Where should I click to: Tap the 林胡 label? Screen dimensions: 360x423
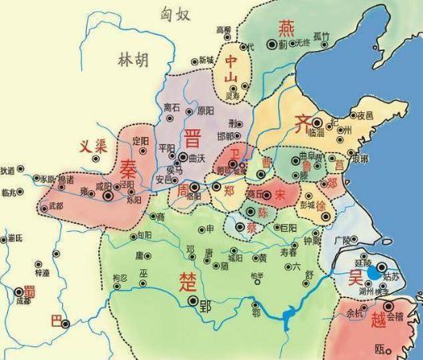point(132,58)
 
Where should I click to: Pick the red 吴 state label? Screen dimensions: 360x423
point(354,276)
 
